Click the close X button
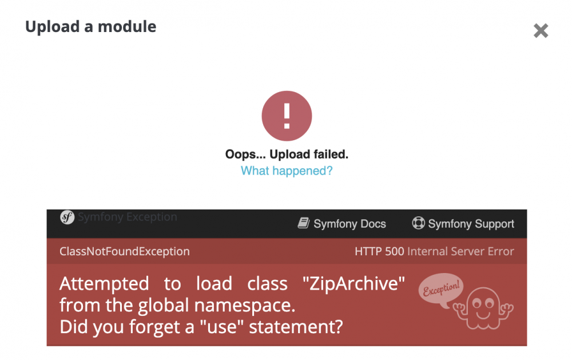pos(541,31)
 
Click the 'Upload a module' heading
pos(90,26)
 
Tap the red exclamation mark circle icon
pos(287,116)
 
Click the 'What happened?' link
pos(287,171)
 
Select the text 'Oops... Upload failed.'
pos(287,154)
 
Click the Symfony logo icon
pos(67,217)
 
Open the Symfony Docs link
pos(349,224)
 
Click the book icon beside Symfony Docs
pos(304,223)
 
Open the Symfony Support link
pos(471,224)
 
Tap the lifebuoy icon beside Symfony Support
pos(419,223)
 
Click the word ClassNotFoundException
pos(125,251)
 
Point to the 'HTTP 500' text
pos(379,251)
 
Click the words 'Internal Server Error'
pos(460,251)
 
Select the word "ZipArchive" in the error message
pos(356,284)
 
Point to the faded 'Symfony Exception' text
pos(128,217)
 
